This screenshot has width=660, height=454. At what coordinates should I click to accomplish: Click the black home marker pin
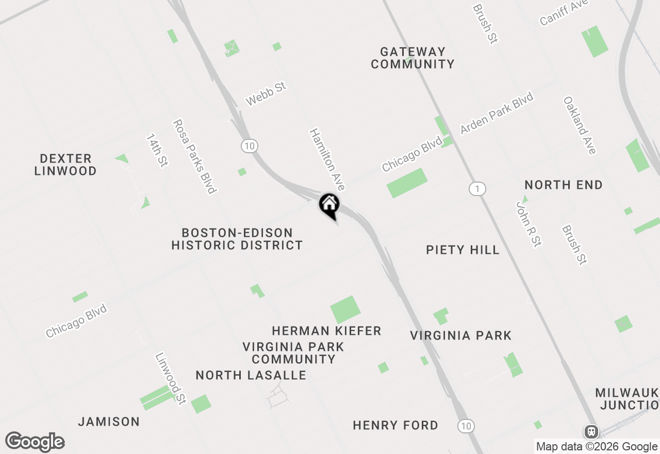tap(329, 205)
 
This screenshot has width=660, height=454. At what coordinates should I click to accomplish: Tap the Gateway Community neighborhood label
tap(412, 58)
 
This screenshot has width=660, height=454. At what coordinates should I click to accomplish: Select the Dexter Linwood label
tap(65, 165)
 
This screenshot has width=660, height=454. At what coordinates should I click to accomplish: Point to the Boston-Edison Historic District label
tap(237, 239)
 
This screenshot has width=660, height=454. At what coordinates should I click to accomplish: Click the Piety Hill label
tap(463, 250)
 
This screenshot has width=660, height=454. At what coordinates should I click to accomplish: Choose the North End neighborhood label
tap(564, 185)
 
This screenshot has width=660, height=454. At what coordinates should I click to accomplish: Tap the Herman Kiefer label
tap(326, 331)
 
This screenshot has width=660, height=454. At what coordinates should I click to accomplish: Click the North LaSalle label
tap(251, 376)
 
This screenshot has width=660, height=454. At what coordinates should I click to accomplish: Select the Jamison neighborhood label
tap(109, 422)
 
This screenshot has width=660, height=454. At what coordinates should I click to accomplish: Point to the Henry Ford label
tap(395, 426)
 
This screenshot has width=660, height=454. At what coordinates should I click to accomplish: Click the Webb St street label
tap(266, 94)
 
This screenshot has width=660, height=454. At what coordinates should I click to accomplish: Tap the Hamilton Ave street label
tap(327, 159)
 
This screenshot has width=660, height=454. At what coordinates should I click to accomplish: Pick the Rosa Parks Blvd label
tap(193, 156)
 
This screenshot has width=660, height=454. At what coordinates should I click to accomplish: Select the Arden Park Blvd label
tap(497, 113)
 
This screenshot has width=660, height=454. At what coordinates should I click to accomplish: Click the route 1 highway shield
tap(477, 189)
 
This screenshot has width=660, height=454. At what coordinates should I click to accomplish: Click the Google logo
tap(35, 442)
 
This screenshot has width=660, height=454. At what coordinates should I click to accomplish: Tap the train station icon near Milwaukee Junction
tap(591, 431)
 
